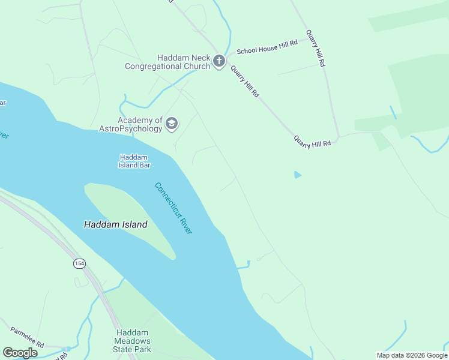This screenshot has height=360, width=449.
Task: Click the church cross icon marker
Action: pyautogui.click(x=219, y=61)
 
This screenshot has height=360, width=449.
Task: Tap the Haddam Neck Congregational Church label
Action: pyautogui.click(x=167, y=62)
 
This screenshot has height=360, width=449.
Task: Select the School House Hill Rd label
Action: pyautogui.click(x=267, y=47)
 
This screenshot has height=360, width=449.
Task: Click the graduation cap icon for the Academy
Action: pyautogui.click(x=172, y=124)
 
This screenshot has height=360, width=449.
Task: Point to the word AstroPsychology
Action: pyautogui.click(x=131, y=128)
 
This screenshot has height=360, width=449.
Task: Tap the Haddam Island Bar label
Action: pyautogui.click(x=134, y=161)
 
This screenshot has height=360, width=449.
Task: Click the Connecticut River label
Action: pyautogui.click(x=173, y=208)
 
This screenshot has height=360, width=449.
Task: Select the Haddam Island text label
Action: pyautogui.click(x=115, y=224)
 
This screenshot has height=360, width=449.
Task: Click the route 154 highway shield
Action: pyautogui.click(x=79, y=263)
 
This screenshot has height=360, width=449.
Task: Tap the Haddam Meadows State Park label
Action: pyautogui.click(x=133, y=341)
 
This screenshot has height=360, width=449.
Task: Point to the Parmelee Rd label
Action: pyautogui.click(x=27, y=337)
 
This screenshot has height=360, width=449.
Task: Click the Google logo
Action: pyautogui.click(x=20, y=353)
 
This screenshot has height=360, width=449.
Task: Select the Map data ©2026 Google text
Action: pyautogui.click(x=411, y=355)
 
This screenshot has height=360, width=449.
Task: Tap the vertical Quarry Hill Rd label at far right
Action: pyautogui.click(x=315, y=48)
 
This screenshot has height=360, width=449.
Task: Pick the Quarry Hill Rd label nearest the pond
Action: pyautogui.click(x=312, y=141)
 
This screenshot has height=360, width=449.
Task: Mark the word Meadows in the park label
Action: pyautogui.click(x=133, y=341)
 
